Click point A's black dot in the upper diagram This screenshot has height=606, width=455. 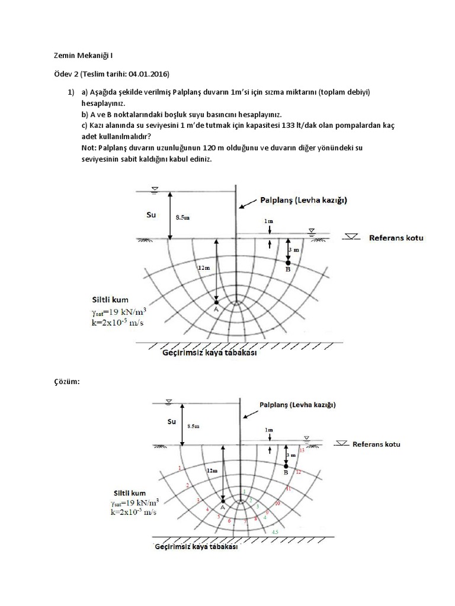[x=217, y=303]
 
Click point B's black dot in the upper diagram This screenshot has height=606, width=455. [x=288, y=262]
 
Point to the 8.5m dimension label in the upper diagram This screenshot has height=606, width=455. [x=184, y=217]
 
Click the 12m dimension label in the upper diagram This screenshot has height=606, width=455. [x=204, y=267]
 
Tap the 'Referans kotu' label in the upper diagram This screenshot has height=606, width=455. [x=396, y=238]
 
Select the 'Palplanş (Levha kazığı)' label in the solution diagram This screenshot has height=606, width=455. [x=297, y=405]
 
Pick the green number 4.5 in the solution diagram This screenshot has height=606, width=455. [x=275, y=533]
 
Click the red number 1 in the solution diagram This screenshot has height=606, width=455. [x=179, y=469]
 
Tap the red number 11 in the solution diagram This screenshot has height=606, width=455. [x=288, y=489]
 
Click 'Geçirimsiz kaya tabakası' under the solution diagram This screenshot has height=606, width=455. [x=196, y=548]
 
